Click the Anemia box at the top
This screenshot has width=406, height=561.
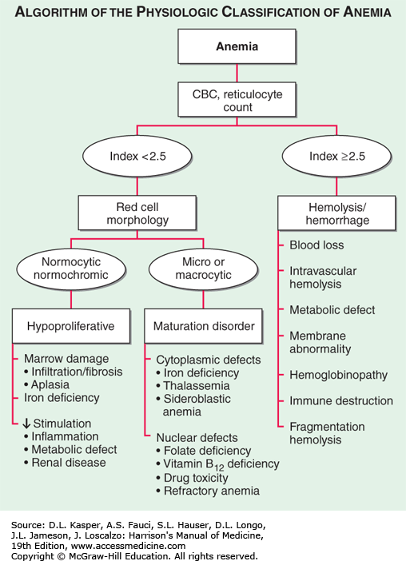237,46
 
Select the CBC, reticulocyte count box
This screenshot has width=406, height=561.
237,99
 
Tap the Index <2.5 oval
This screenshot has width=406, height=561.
137,157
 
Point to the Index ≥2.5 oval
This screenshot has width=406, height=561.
337,157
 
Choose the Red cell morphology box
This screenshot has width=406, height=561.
137,213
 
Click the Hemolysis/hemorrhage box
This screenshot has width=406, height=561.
337,213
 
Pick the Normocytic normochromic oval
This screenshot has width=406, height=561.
71,269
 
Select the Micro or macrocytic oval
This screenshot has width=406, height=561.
203,269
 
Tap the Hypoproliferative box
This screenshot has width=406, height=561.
71,326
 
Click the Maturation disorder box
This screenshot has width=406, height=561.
203,326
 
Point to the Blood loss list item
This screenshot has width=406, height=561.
316,245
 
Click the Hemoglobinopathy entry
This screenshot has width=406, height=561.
338,376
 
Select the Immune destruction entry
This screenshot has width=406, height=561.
341,400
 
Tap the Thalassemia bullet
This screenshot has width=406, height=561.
193,386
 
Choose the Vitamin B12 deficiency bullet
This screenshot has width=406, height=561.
217,464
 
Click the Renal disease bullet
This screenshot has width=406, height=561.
65,463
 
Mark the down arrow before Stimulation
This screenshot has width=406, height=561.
26,424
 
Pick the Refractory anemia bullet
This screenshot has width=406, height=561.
208,491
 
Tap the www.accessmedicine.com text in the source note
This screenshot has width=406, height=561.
128,546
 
